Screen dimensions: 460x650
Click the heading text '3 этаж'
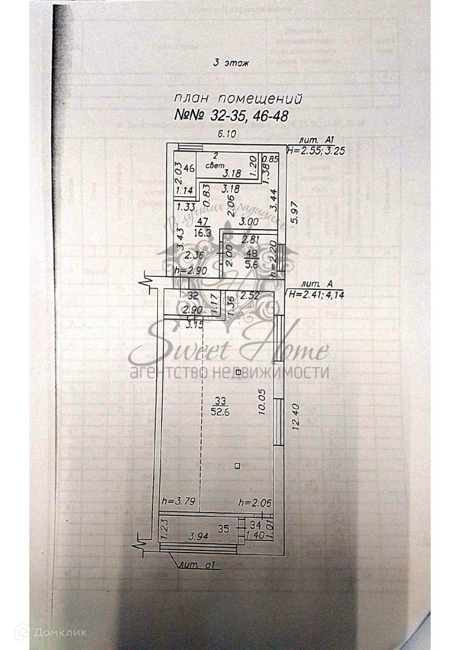[x=232, y=63]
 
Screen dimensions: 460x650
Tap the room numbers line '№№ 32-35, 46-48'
[x=232, y=116]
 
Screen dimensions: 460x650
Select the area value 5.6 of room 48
[x=253, y=265]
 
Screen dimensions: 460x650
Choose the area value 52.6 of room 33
[x=219, y=410]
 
